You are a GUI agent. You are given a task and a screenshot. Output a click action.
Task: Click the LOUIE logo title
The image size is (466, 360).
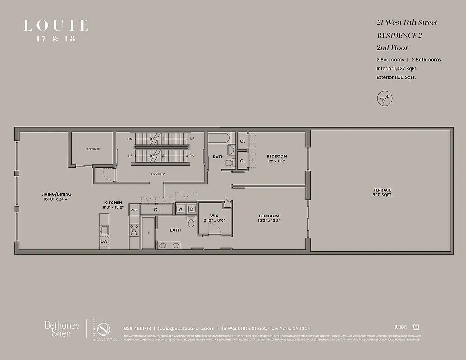55,25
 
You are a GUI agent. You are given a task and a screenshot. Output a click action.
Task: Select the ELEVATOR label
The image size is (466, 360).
92,149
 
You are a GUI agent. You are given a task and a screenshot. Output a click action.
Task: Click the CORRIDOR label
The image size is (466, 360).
157,174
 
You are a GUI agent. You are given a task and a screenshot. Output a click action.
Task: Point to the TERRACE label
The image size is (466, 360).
382,190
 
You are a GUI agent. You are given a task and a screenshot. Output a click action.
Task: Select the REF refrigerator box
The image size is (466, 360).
134,210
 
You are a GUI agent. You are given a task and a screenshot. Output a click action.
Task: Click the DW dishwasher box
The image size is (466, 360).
104,242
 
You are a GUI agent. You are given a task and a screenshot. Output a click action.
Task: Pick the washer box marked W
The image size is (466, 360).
180,209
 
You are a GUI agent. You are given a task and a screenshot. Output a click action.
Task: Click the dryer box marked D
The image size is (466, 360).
191,209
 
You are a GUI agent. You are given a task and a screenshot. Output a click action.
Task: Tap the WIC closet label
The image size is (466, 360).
214,216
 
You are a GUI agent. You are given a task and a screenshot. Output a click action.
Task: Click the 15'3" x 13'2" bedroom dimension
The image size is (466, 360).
269,220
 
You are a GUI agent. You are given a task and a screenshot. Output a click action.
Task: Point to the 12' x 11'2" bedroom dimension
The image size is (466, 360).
276,161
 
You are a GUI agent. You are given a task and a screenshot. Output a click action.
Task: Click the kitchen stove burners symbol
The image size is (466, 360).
134,230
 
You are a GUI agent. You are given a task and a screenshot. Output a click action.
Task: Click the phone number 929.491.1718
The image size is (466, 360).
138,328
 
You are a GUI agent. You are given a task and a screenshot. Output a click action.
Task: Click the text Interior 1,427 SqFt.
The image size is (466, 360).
397,68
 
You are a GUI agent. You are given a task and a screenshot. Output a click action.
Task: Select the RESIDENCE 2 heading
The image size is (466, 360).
399,35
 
